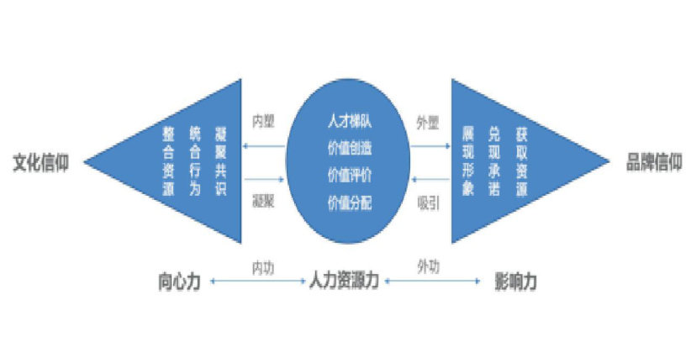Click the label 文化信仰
[40, 163]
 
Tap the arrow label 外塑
[428, 122]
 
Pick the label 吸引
[428, 203]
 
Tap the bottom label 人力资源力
[344, 281]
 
